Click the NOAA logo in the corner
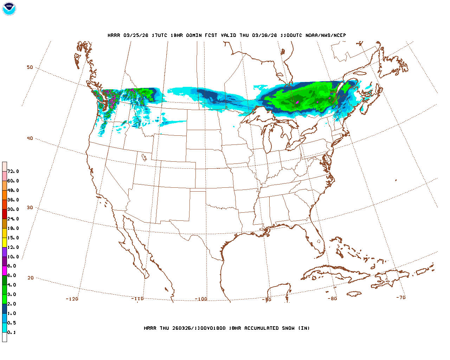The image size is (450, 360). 9,9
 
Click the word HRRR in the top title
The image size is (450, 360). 114,35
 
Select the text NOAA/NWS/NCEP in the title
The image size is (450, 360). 326,35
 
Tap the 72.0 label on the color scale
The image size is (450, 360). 13,172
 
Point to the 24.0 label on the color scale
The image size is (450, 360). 13,219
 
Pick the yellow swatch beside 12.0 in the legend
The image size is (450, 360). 5,243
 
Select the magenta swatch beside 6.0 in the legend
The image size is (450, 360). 5,271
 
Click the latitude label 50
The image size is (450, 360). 30,67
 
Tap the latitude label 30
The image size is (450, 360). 30,208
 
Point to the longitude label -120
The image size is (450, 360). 72,299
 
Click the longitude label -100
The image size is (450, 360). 201,299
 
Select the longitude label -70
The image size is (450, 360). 401,297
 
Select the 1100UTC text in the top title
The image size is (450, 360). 291,35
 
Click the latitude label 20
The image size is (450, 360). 31,278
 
